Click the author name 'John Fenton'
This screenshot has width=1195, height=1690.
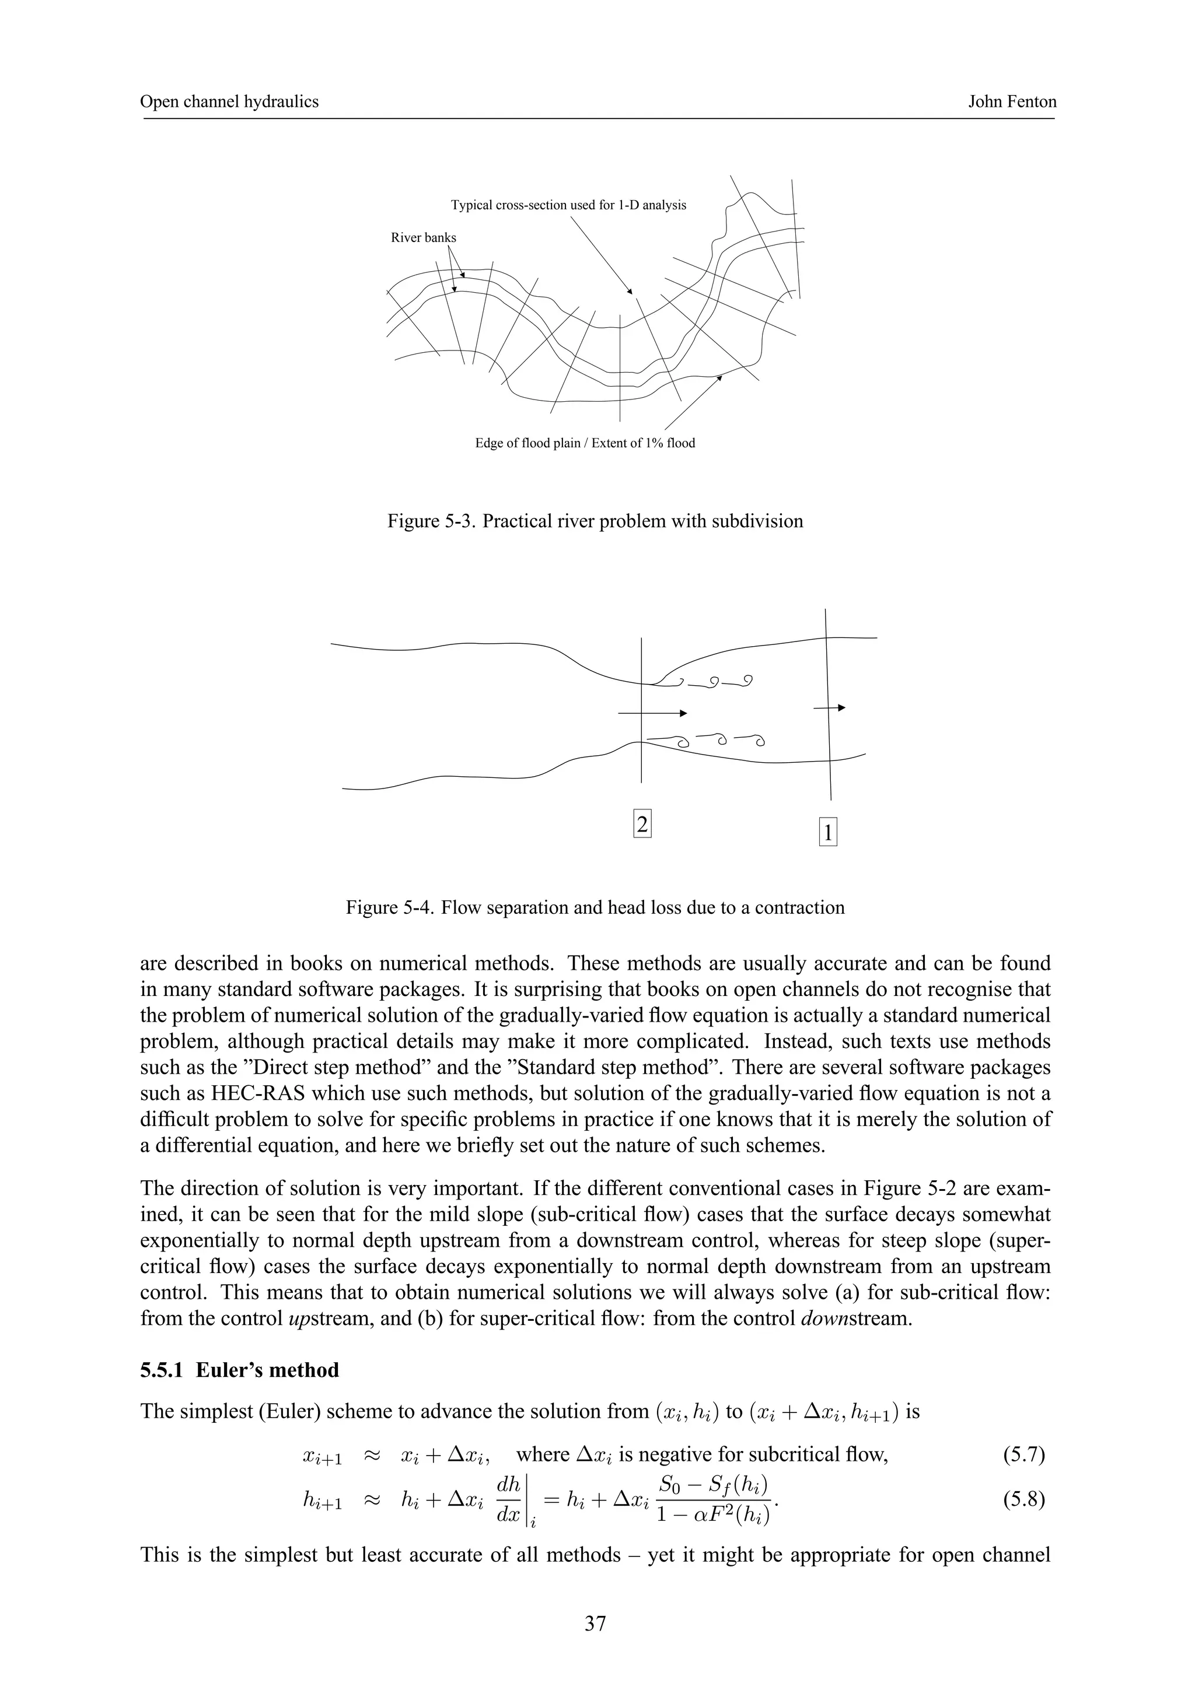coord(1012,101)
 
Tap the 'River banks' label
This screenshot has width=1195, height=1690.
coord(424,238)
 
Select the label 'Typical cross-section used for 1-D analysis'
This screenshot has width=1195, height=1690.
coord(568,205)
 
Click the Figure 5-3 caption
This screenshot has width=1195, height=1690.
coord(595,522)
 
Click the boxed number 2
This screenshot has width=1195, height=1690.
coord(642,825)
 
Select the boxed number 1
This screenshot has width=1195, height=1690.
coord(827,833)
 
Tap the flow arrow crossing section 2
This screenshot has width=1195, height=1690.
coord(652,713)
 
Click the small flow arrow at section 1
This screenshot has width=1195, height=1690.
coord(829,708)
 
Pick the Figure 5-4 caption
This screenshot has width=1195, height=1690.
coord(595,907)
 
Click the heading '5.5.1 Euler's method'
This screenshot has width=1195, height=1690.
coord(239,1370)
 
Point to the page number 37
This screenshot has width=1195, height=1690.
coord(595,1624)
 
